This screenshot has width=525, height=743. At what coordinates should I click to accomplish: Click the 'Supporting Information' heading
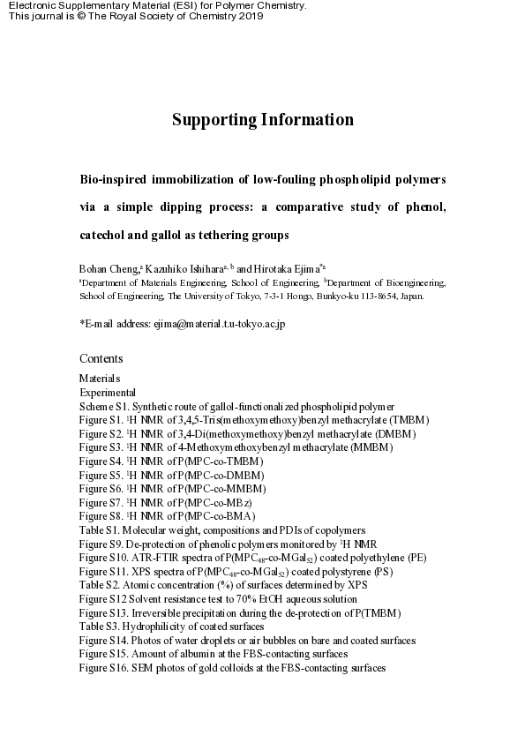click(x=262, y=120)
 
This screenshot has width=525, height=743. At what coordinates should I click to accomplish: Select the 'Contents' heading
click(x=101, y=358)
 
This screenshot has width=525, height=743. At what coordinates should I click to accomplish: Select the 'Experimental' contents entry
click(x=108, y=392)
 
